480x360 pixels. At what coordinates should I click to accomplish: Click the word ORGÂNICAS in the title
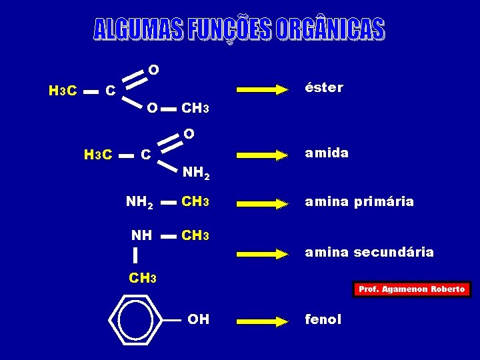pos(331,29)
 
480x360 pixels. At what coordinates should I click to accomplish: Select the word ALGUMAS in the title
pos(139,29)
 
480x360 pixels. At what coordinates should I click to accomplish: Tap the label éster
pos(324,87)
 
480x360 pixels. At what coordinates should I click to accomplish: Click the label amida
pos(327,153)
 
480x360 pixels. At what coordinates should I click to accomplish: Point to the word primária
pos(384,203)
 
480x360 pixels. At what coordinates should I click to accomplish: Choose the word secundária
pos(394,252)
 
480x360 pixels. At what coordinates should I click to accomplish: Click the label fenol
pos(323,319)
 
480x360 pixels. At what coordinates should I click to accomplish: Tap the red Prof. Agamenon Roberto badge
pos(412,289)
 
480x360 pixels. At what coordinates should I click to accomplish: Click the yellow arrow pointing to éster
pos(263,90)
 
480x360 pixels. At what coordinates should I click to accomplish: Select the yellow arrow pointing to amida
pos(263,155)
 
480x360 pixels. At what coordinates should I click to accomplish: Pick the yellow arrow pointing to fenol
pos(263,322)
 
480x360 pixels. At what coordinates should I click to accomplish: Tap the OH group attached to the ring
pos(199,319)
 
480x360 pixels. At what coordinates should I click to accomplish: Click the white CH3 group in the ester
pos(195,108)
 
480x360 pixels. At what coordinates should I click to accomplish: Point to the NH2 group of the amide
pos(196,173)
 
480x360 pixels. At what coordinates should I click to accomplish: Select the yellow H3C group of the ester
pos(63,91)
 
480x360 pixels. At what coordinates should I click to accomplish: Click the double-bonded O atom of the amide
pos(189,134)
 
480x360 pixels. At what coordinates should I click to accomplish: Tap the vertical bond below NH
pos(135,255)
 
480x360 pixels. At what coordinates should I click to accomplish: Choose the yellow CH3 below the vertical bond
pos(143,278)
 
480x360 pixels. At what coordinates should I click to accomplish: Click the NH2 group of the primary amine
pos(139,203)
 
